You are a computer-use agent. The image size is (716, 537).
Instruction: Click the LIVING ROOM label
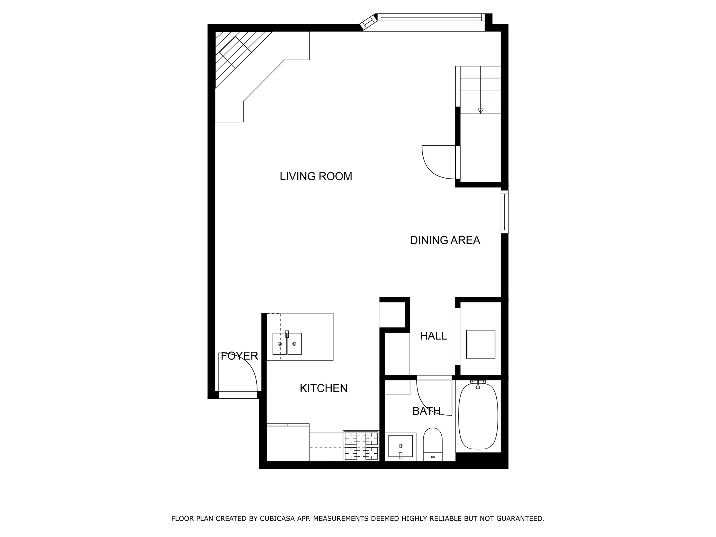click(316, 176)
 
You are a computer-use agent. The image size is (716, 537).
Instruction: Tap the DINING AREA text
click(445, 240)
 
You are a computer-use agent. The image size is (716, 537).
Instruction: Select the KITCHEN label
click(323, 388)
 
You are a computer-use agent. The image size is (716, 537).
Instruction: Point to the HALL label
click(433, 336)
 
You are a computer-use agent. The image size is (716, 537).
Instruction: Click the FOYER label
click(239, 356)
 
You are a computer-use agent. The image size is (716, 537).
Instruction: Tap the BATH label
click(426, 411)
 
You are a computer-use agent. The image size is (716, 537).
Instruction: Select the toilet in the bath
click(432, 443)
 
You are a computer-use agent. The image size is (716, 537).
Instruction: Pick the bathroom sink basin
click(400, 446)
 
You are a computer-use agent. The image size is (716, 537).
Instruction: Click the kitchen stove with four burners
click(361, 446)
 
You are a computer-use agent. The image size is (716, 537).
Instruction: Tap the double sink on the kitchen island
click(287, 344)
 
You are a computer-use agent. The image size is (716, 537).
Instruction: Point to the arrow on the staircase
click(480, 111)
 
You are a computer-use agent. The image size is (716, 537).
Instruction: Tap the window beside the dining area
click(504, 212)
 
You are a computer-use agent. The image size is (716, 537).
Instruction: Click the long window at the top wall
click(430, 17)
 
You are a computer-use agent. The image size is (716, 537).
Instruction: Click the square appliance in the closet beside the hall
click(480, 345)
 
